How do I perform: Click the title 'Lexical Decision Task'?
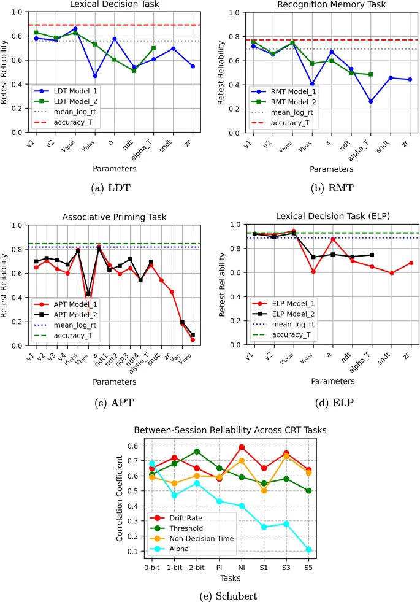(115, 4)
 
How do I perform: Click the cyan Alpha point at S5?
(308, 549)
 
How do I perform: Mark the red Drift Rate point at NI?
(242, 447)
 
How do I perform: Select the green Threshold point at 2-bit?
(197, 452)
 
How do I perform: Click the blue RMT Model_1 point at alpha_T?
(371, 101)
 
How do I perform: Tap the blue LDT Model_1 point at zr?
(193, 66)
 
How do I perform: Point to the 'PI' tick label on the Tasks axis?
(219, 568)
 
